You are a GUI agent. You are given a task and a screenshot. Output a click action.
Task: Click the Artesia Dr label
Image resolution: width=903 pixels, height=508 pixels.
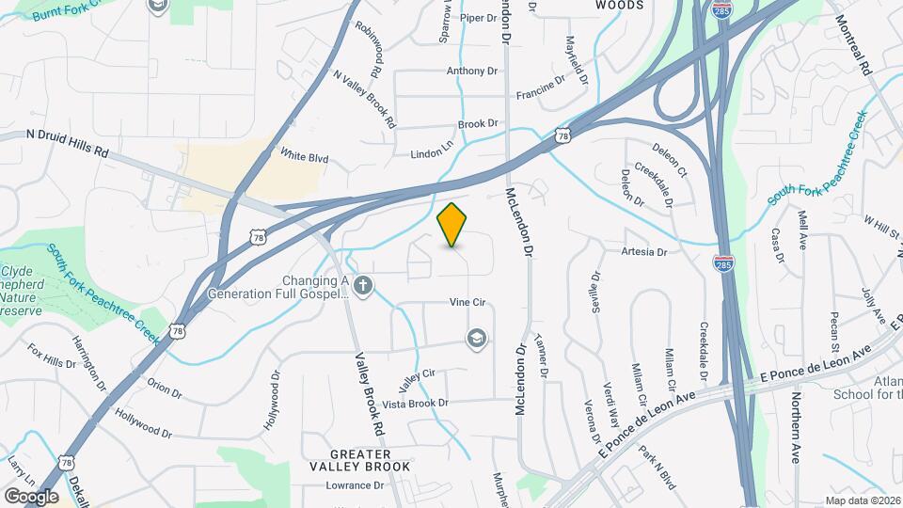coord(644,252)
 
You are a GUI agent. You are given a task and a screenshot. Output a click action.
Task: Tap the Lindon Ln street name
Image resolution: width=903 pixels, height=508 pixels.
coord(432,153)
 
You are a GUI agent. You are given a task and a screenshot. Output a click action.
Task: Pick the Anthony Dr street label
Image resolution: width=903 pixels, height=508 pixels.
coord(471,71)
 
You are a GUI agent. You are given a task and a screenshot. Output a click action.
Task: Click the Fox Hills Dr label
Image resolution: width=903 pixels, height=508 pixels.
coord(51,362)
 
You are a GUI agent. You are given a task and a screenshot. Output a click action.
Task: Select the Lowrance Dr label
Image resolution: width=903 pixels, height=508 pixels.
coord(356,485)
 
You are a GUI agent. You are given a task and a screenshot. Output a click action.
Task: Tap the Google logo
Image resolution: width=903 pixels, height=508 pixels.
coord(31,497)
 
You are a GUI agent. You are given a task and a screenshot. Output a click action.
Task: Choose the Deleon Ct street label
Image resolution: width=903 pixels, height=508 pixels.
coord(670,161)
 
